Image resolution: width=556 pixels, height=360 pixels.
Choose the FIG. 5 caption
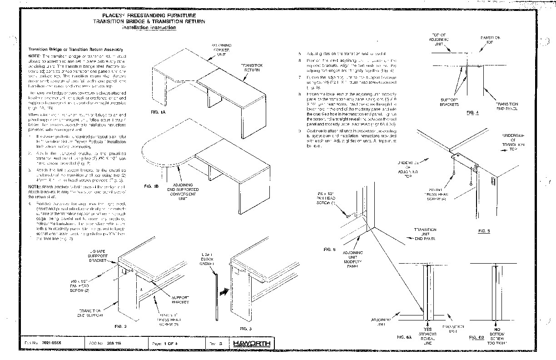(484, 230)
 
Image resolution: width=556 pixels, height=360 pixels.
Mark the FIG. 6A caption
(404, 337)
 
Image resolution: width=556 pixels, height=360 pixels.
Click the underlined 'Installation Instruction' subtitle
(149, 28)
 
